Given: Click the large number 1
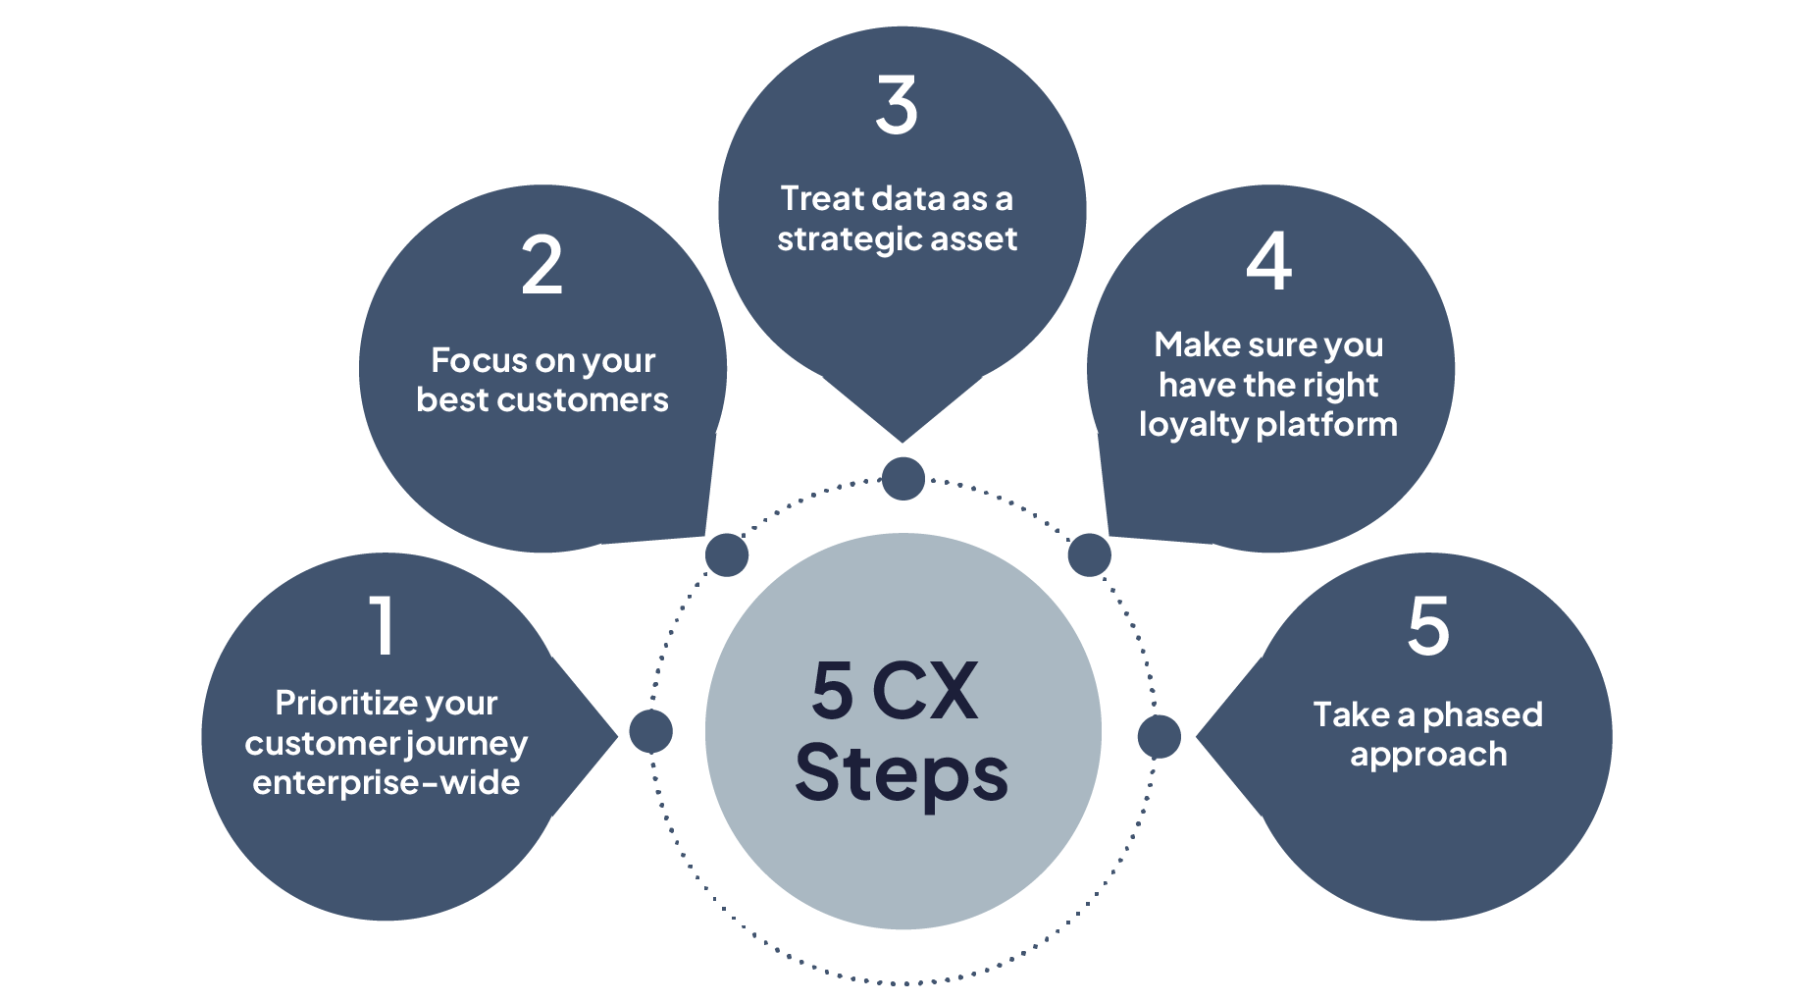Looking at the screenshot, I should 382,625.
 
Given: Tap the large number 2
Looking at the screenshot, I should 541,265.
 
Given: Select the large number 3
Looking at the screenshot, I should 897,106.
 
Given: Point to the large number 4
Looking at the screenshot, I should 1268,262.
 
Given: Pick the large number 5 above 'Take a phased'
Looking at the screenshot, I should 1428,625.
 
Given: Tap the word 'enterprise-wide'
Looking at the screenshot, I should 387,783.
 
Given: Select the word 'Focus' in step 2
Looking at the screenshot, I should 466,360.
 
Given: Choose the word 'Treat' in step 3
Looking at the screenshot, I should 821,198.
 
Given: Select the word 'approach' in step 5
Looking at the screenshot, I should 1428,756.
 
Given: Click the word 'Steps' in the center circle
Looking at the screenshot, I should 902,774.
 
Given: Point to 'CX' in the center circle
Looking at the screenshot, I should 924,691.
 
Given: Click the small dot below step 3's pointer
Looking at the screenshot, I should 903,479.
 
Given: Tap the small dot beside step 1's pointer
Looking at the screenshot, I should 650,731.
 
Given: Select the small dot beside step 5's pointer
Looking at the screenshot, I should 1159,736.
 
